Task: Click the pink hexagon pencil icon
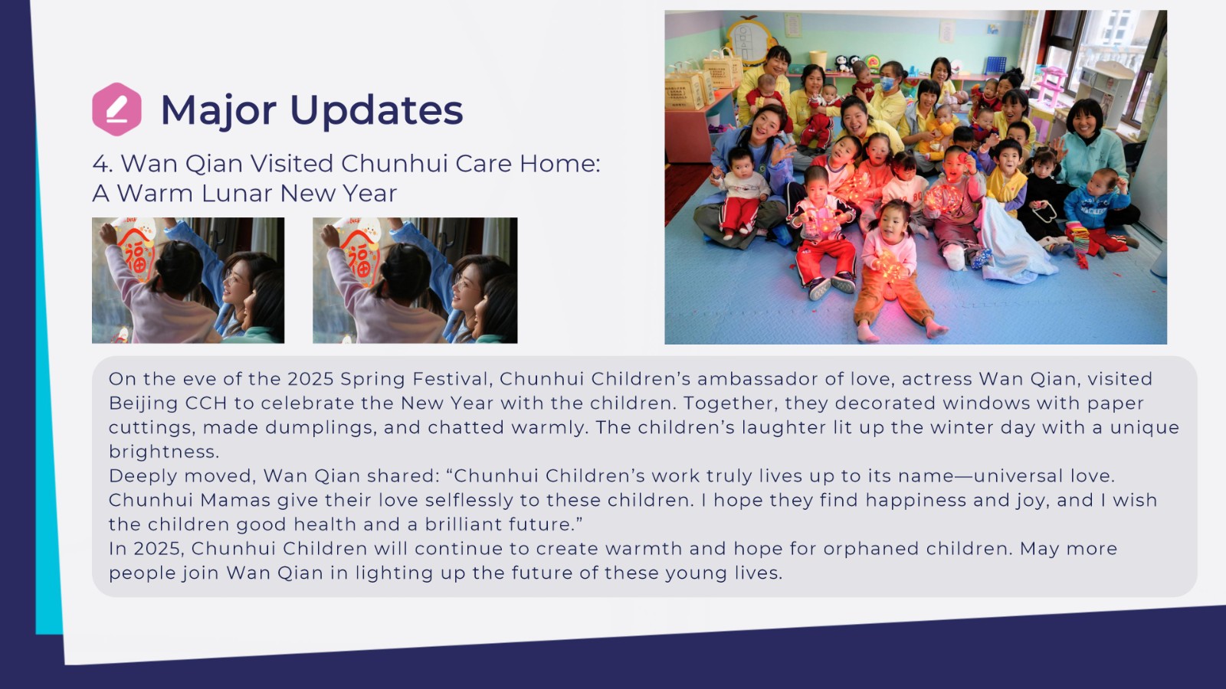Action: tap(116, 109)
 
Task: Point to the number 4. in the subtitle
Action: tap(103, 164)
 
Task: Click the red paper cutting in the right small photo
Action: tap(359, 256)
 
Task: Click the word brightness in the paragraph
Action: tap(164, 452)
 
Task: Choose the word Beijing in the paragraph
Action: tap(143, 403)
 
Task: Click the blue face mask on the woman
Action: tap(888, 83)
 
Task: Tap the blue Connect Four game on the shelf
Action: tap(995, 65)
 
